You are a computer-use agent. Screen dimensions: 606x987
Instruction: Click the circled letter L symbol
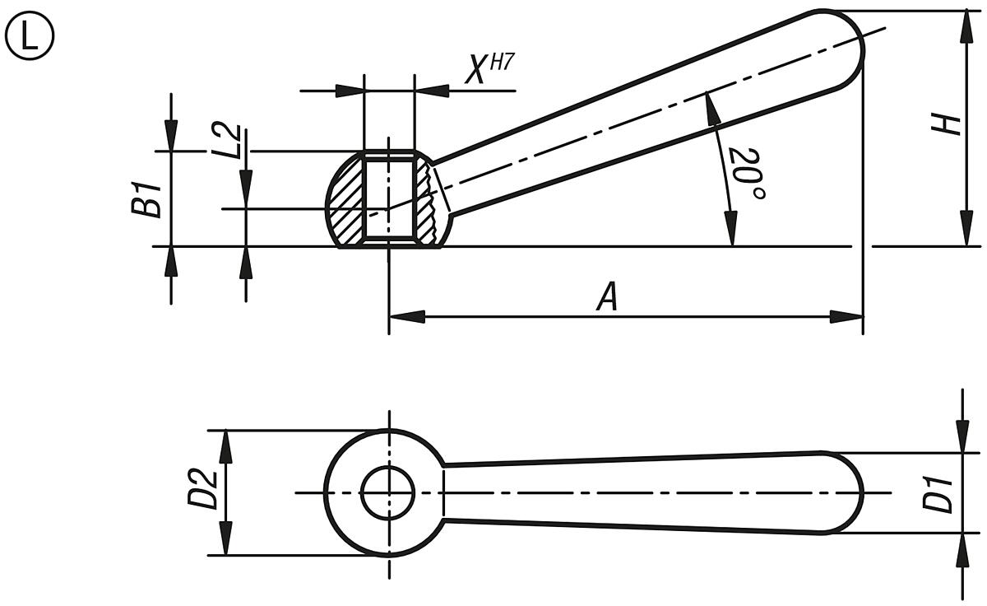30,38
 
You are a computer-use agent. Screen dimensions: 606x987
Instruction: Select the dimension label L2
233,141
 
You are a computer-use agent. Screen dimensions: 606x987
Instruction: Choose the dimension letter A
606,297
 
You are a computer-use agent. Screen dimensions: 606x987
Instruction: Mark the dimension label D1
937,493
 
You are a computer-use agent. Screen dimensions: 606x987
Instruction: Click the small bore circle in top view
388,493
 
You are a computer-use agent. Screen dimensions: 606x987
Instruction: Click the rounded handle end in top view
852,493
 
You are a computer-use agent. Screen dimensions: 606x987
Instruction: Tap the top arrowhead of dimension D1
963,440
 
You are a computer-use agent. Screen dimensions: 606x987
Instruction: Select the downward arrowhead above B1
171,136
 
